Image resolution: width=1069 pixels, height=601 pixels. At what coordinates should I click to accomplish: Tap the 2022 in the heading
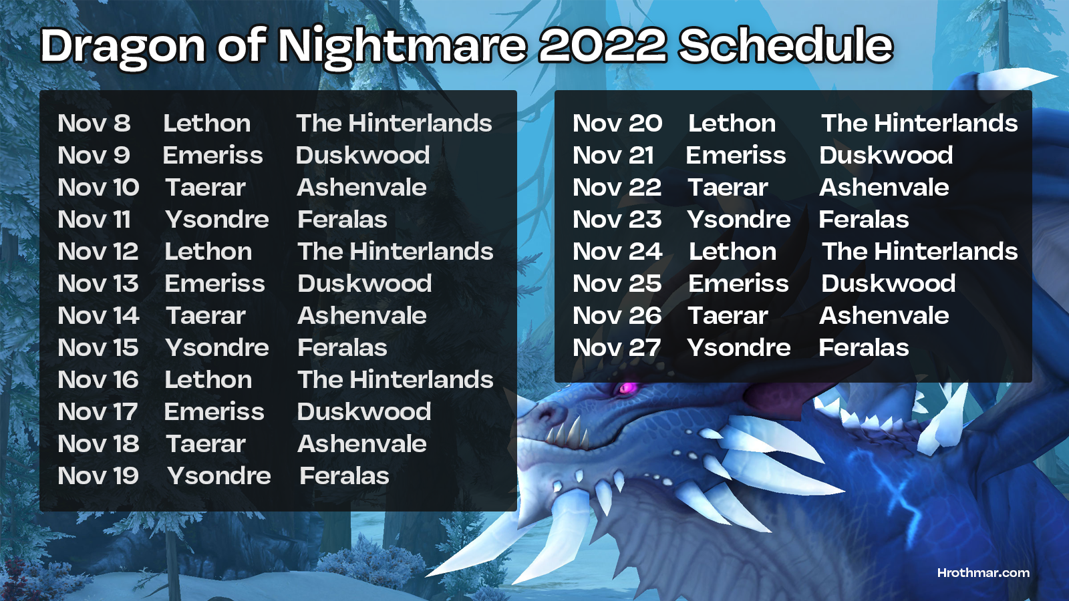(602, 45)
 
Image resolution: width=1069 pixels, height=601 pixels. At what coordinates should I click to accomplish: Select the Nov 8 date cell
(94, 123)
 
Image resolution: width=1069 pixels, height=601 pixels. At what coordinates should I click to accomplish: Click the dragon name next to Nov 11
(216, 220)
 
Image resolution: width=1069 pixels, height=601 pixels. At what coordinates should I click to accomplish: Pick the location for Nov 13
(365, 283)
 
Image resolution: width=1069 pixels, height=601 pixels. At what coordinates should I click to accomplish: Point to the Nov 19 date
(98, 475)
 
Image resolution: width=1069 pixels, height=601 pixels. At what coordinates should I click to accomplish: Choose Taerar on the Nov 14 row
(205, 315)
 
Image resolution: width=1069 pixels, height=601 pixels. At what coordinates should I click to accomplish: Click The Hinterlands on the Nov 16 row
(395, 380)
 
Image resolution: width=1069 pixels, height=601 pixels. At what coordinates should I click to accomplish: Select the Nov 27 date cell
(617, 347)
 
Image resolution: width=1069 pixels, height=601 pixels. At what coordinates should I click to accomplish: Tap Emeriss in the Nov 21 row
(736, 156)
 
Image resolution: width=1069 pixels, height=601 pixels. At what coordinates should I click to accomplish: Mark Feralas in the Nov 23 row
(864, 220)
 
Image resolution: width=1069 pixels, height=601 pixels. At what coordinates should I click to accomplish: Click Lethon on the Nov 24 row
(732, 251)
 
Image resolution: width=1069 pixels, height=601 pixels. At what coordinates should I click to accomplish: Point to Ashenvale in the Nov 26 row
(884, 315)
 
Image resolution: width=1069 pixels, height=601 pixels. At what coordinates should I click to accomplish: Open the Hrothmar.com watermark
(983, 573)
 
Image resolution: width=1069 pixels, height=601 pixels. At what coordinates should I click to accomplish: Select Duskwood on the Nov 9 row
(363, 156)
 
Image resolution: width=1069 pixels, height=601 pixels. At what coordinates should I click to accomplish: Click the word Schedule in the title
(786, 45)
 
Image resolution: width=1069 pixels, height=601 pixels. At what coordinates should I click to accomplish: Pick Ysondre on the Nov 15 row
(216, 348)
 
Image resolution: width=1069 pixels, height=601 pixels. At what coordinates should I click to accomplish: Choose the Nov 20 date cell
(617, 123)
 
